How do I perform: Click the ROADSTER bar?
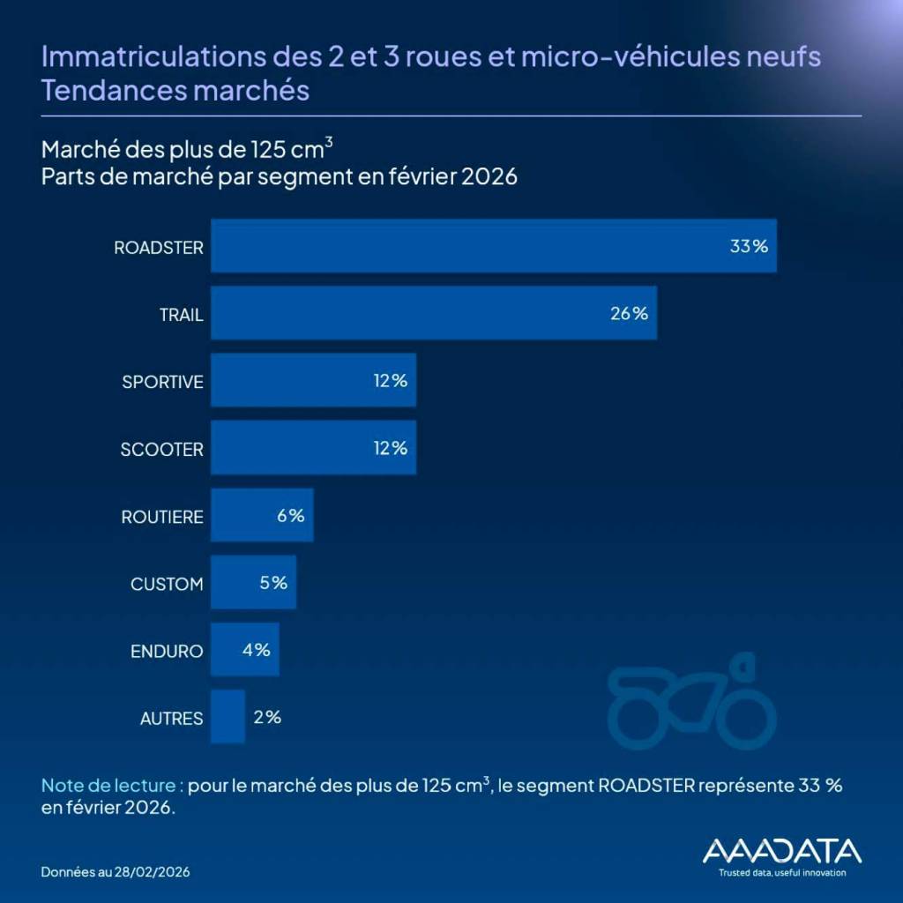pos(493,246)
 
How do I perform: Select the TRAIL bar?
pos(433,313)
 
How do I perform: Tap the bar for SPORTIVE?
pos(313,381)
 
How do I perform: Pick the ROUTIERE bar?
pos(262,516)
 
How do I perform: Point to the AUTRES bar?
pos(228,717)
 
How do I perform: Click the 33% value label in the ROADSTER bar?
pos(749,246)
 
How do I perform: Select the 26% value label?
pos(629,313)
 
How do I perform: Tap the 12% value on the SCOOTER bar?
pos(389,448)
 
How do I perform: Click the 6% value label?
pos(290,516)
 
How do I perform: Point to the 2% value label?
pos(267,717)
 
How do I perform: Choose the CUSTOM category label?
pos(167,584)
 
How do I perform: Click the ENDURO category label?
pos(167,652)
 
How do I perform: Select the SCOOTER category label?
pos(162,449)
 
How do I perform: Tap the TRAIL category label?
pos(180,314)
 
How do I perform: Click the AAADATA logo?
pos(781,850)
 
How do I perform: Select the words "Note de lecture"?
pos(110,785)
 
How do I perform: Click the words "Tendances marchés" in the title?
pos(175,91)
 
